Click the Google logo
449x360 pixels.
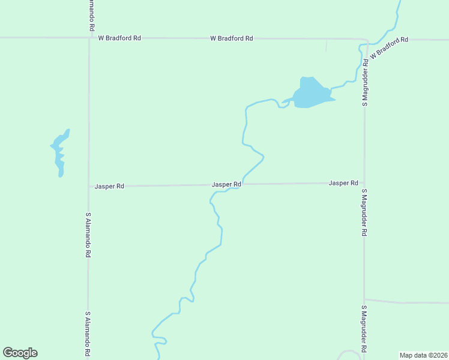tap(20, 353)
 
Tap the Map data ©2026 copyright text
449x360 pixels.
tap(424, 355)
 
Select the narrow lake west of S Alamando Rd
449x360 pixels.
tap(59, 153)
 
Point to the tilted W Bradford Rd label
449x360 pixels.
tap(389, 47)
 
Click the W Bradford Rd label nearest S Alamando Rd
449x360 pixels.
tap(119, 38)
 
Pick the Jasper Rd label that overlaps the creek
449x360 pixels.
tap(226, 185)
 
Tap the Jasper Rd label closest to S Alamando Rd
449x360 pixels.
tap(109, 187)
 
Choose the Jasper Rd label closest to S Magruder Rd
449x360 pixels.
tap(343, 183)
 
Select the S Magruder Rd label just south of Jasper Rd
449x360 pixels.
tap(364, 213)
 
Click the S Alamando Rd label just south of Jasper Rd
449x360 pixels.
tap(88, 235)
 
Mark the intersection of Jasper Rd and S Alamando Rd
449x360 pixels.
tap(89, 187)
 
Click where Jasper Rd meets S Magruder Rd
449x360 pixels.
tap(364, 183)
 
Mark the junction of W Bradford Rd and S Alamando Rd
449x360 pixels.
tap(89, 38)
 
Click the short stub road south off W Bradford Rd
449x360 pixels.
tap(327, 45)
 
